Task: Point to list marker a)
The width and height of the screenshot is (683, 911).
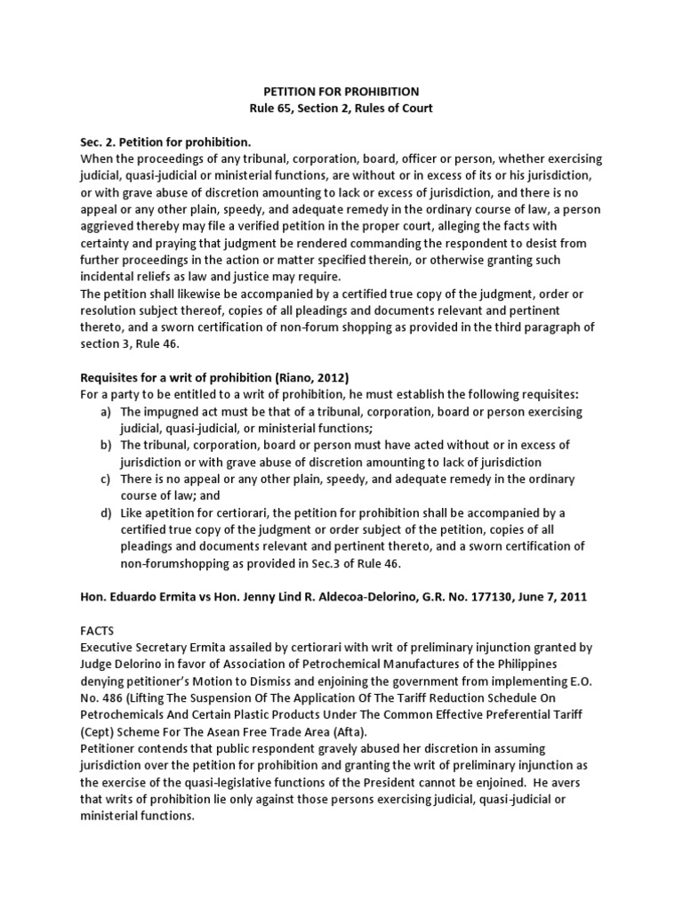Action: click(x=105, y=413)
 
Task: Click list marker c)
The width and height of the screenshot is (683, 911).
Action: click(x=105, y=480)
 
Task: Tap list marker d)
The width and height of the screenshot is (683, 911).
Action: click(x=105, y=513)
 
